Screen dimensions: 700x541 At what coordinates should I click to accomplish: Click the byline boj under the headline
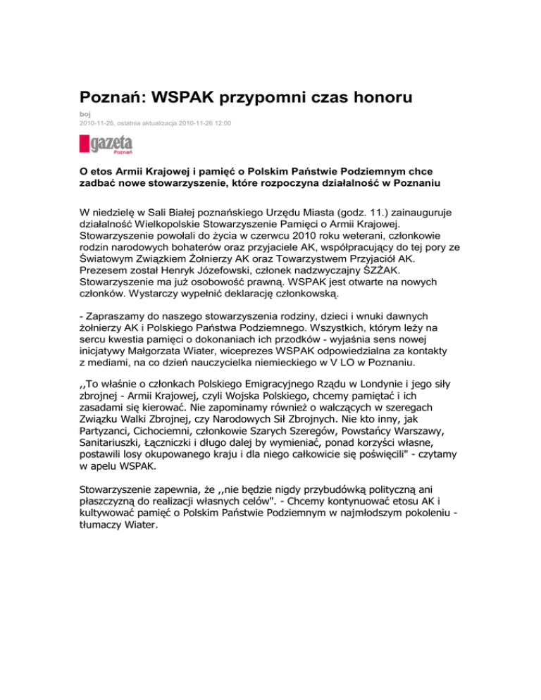click(x=85, y=114)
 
